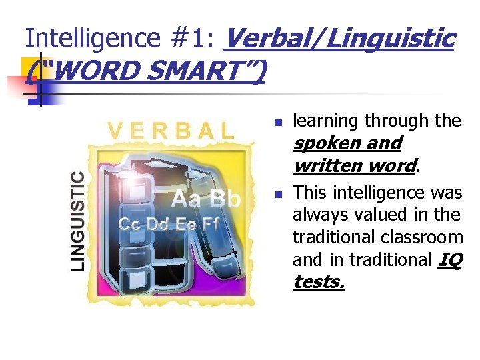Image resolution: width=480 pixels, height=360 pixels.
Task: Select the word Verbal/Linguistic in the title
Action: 339,39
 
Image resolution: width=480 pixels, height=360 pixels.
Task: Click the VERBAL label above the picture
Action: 171,130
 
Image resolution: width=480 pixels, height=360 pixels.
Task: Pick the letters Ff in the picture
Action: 211,224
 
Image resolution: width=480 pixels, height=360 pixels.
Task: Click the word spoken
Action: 323,143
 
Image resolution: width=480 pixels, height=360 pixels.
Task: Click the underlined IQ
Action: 451,260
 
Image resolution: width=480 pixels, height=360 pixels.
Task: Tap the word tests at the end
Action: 317,283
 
